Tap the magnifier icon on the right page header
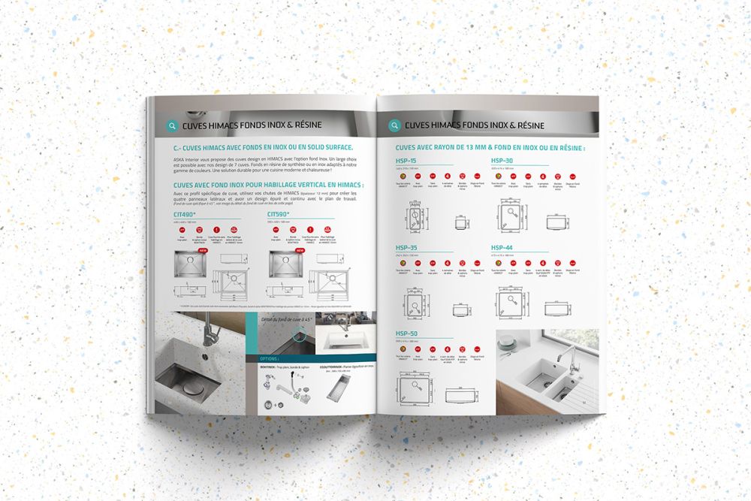[394, 125]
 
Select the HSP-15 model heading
[407, 161]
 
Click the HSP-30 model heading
[502, 161]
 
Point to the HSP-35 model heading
[407, 247]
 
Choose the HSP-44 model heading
[502, 247]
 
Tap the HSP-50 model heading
[407, 333]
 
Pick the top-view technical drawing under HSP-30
[510, 219]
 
